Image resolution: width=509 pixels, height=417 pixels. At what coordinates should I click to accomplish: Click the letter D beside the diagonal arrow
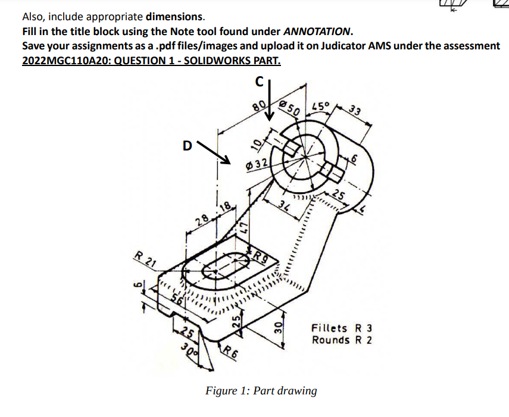pos(188,144)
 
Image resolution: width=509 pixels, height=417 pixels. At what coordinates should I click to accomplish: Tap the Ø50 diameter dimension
pos(291,108)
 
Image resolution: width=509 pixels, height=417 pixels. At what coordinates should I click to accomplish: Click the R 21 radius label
pos(144,259)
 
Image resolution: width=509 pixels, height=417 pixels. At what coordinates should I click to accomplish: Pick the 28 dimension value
pos(202,221)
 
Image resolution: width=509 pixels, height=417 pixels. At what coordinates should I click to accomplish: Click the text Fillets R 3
pos(342,328)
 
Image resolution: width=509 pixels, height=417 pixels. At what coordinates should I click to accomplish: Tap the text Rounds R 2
pos(342,340)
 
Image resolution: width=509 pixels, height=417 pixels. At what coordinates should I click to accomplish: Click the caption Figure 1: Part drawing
pos(261,391)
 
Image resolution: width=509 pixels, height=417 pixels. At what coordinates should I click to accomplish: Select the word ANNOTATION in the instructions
pos(317,30)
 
